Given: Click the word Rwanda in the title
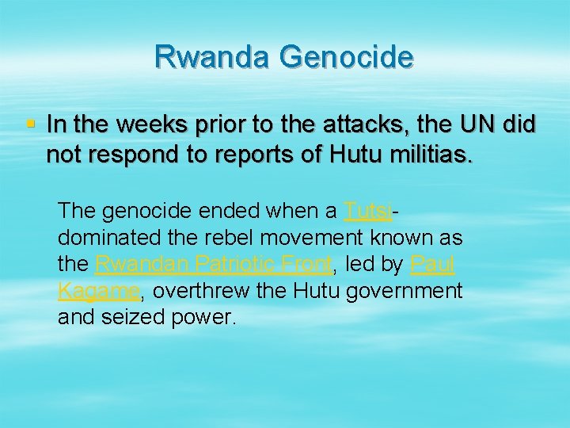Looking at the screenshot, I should (x=213, y=57).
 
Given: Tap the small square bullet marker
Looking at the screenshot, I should (x=31, y=124).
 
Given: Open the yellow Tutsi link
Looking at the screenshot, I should (x=368, y=211).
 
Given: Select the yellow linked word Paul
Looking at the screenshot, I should (x=433, y=264).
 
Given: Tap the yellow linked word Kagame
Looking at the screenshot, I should (x=99, y=291).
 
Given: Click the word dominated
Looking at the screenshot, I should (x=101, y=238).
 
